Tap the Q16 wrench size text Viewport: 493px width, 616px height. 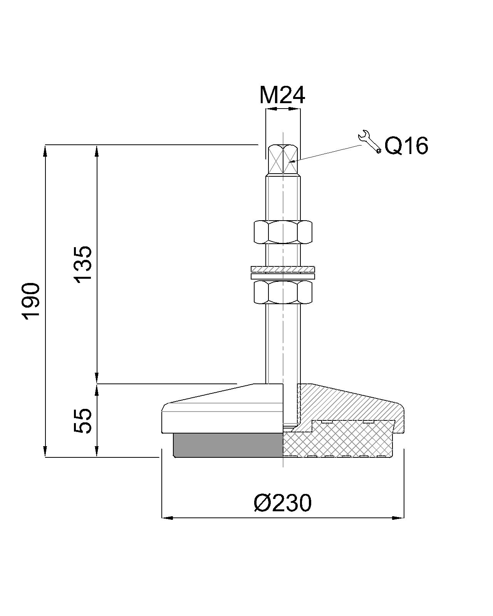click(x=406, y=146)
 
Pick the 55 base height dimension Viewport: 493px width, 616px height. click(x=83, y=420)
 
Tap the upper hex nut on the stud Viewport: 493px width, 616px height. click(x=283, y=232)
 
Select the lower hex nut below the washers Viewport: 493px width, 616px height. click(x=283, y=292)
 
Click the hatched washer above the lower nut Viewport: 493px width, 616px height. click(x=283, y=269)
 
